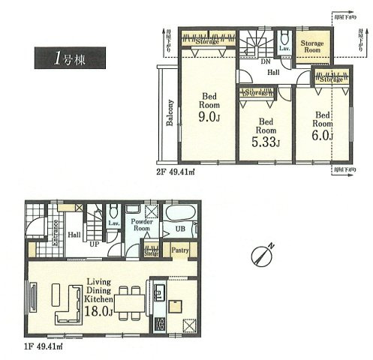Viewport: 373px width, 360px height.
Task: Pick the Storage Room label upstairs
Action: click(312, 48)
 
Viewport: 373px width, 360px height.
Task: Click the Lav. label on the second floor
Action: click(285, 49)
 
